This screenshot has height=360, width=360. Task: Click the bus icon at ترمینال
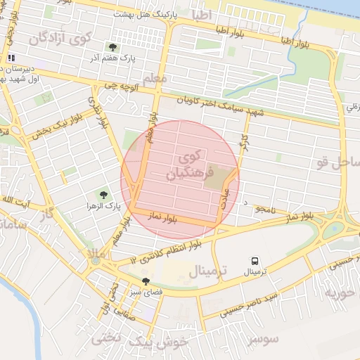[x=254, y=260]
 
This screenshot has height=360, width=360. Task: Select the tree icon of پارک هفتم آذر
[x=112, y=47]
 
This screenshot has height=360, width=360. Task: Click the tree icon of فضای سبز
[x=146, y=281]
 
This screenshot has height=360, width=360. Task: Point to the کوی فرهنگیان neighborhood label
[x=184, y=163]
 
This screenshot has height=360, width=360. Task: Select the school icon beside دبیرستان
[x=11, y=58]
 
